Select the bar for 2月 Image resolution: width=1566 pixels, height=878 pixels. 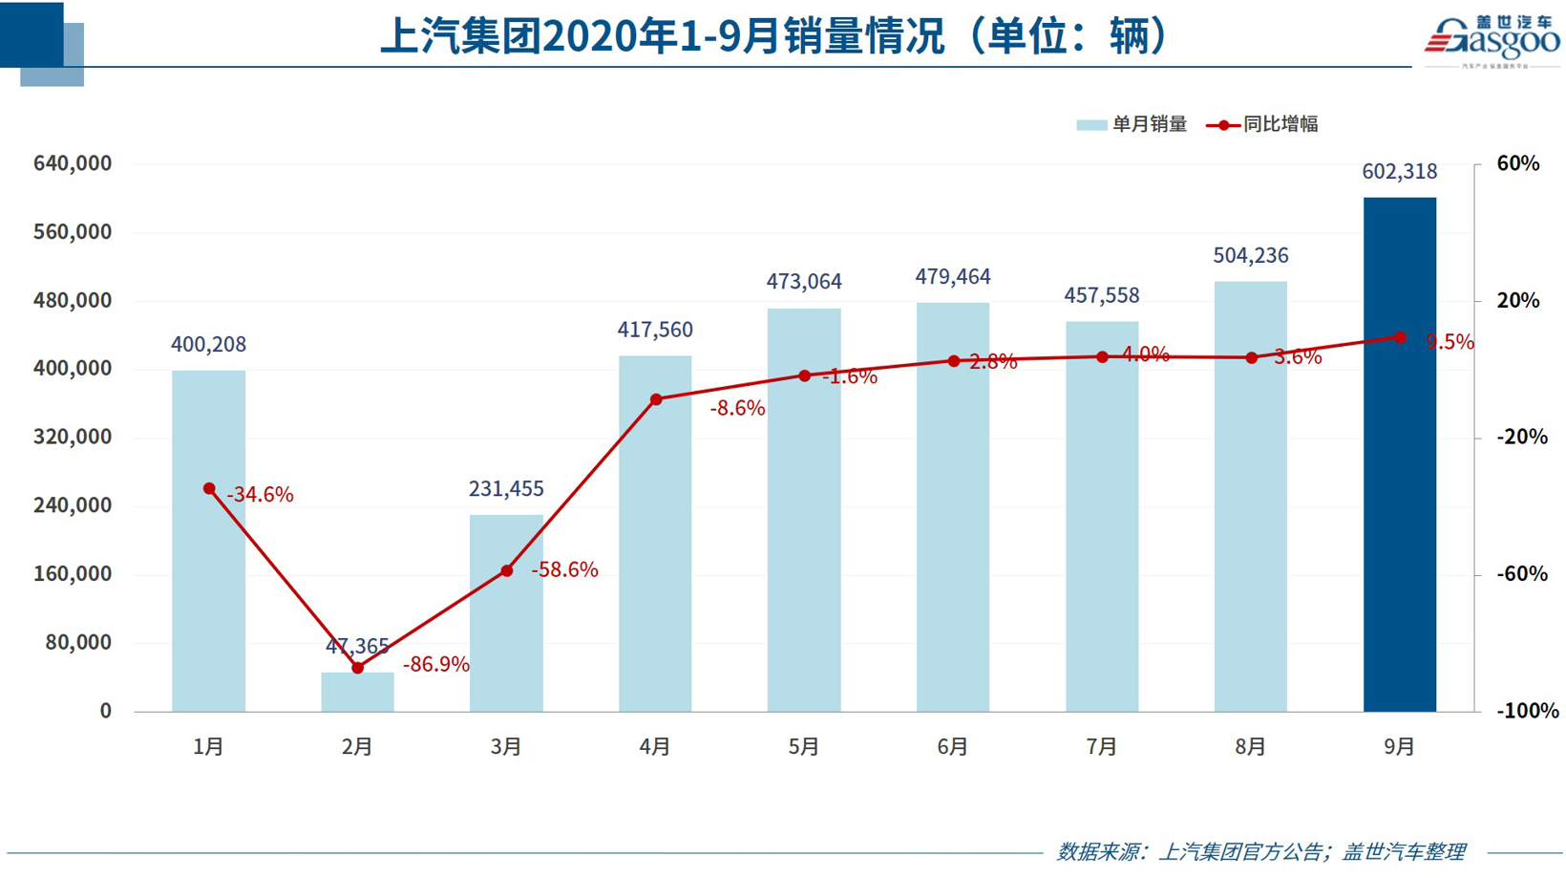[x=357, y=693]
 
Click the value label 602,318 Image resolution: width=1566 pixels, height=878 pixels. [x=1399, y=172]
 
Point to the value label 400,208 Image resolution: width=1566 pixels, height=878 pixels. [x=208, y=344]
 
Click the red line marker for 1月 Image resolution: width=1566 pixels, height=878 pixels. [x=209, y=489]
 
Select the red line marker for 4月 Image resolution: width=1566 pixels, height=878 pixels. [x=656, y=399]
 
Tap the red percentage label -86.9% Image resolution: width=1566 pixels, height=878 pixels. [x=435, y=665]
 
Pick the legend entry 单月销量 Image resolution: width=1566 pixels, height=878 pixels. [x=1132, y=124]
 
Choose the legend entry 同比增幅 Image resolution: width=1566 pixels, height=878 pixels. [x=1263, y=124]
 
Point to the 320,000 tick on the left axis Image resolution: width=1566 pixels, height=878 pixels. [x=73, y=438]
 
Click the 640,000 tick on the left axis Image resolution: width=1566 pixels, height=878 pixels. [x=73, y=163]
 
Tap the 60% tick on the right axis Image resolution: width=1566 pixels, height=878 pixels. [x=1518, y=163]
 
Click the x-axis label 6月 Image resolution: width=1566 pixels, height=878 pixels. [x=952, y=746]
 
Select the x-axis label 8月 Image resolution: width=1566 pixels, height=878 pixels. [x=1250, y=746]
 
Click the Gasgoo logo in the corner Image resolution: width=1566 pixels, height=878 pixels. [x=1492, y=40]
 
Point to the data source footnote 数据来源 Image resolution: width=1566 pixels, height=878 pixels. [x=1260, y=851]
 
